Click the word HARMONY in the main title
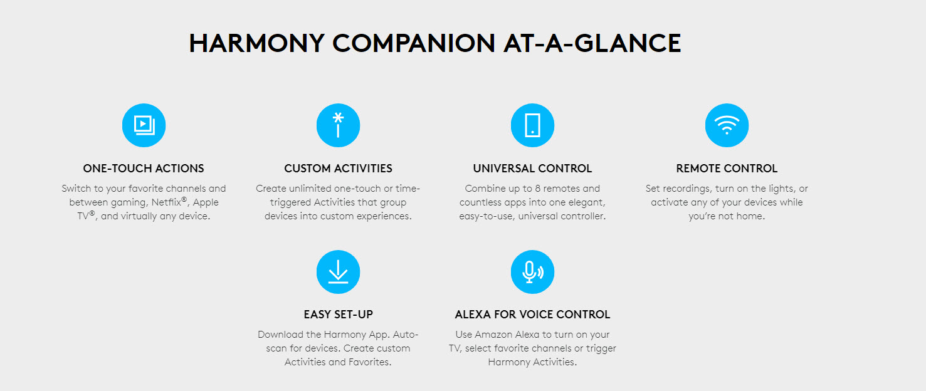pos(256,43)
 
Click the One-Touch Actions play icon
pos(144,125)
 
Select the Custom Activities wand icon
pos(338,125)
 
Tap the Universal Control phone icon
pos(532,125)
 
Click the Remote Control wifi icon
pos(727,125)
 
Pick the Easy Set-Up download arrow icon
pos(338,272)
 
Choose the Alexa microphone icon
pos(532,272)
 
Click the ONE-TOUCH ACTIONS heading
pos(144,169)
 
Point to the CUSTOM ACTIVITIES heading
pos(338,169)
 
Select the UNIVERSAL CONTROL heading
pos(532,169)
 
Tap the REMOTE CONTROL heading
pos(727,169)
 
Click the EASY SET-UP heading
pos(338,315)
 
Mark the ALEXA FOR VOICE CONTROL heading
pos(532,315)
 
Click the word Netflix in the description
pos(166,202)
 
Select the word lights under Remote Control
pos(782,189)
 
